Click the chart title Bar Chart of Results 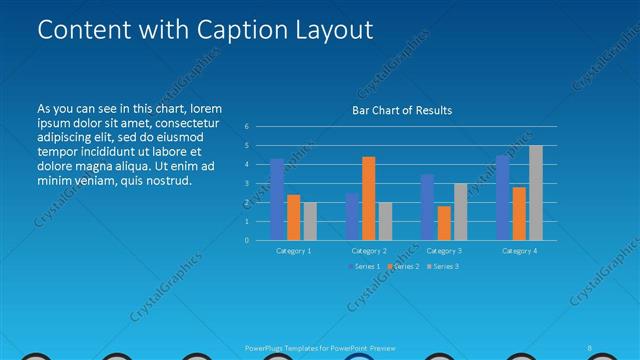(402, 110)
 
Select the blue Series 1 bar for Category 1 (277, 199)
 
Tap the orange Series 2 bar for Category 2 (368, 198)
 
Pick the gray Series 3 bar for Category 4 (535, 193)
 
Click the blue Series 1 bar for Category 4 (503, 198)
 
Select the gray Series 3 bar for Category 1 (309, 221)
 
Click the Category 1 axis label (293, 251)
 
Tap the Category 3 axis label (443, 251)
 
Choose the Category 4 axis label (519, 251)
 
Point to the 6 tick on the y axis (246, 127)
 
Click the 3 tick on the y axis (246, 184)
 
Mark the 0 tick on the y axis (246, 240)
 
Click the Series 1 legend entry (365, 267)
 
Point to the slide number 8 (590, 347)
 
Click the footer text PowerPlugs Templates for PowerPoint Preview (320, 347)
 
